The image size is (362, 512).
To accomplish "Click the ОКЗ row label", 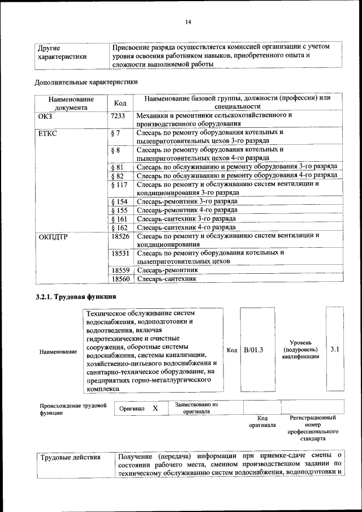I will pyautogui.click(x=45, y=115).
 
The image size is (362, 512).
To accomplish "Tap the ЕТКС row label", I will pyautogui.click(x=48, y=134).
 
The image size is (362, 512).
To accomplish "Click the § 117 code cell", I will pyautogui.click(x=119, y=185).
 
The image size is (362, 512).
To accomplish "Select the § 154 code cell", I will pyautogui.click(x=119, y=201).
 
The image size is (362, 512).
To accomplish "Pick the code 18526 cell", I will pyautogui.click(x=120, y=236).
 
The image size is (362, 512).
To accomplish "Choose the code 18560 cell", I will pyautogui.click(x=120, y=279).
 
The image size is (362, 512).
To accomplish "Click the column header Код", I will pyautogui.click(x=119, y=102).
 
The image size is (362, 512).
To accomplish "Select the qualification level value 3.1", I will pyautogui.click(x=334, y=350).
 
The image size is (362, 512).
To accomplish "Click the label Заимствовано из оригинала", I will pyautogui.click(x=196, y=408).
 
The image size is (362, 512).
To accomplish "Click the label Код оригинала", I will pyautogui.click(x=262, y=421).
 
